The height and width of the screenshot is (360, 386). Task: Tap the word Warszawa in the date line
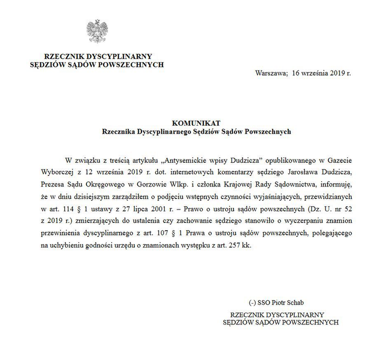point(271,73)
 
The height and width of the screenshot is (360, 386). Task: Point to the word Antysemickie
point(185,159)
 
